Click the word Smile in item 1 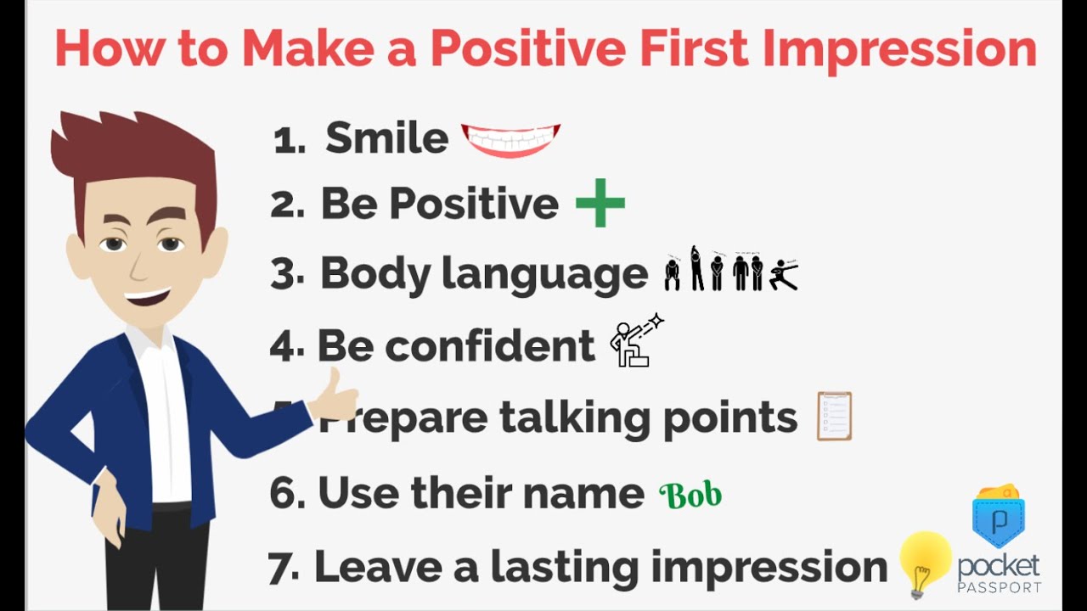pyautogui.click(x=386, y=138)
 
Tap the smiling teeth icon pyautogui.click(x=511, y=139)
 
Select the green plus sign pyautogui.click(x=600, y=204)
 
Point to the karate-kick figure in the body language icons pyautogui.click(x=783, y=275)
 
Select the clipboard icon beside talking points pyautogui.click(x=834, y=416)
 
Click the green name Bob pyautogui.click(x=690, y=495)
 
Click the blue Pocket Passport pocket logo pyautogui.click(x=998, y=517)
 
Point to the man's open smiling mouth pyautogui.click(x=148, y=298)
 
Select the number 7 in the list pyautogui.click(x=280, y=568)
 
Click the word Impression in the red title pyautogui.click(x=900, y=49)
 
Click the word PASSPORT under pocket pyautogui.click(x=999, y=587)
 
